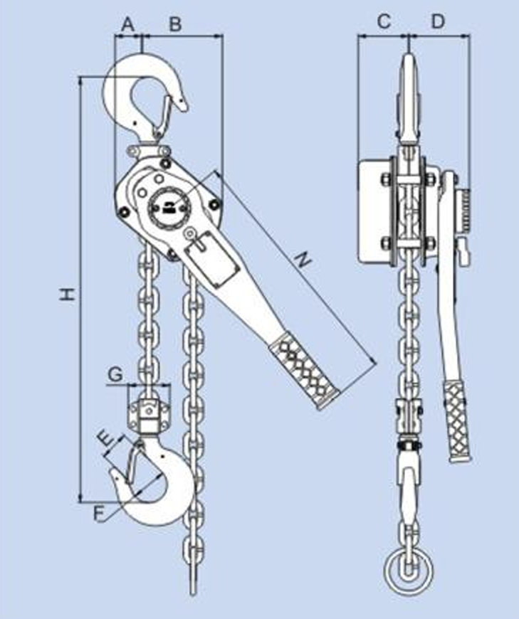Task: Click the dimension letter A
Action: click(x=127, y=23)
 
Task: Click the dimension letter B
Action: click(x=174, y=23)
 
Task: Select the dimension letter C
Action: click(x=384, y=22)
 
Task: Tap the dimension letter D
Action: click(x=438, y=22)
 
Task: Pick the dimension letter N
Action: click(x=303, y=261)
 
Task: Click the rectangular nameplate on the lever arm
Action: click(x=211, y=261)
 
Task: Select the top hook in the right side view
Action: click(x=409, y=100)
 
